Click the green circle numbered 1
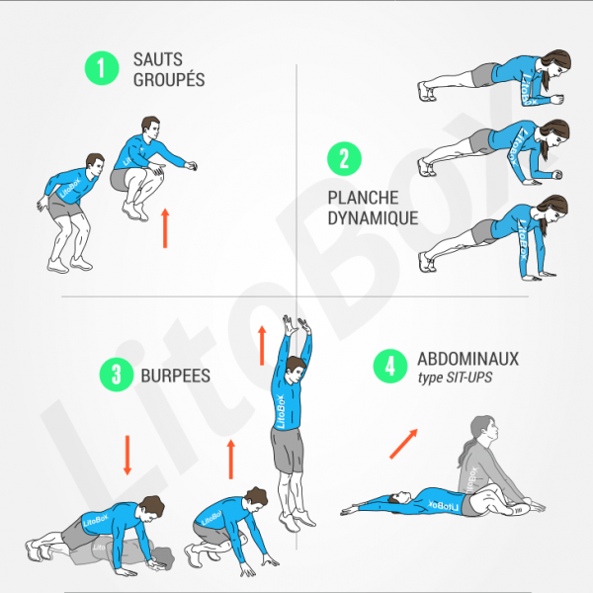100,67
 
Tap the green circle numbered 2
344,159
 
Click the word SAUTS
158,59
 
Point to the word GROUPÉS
169,79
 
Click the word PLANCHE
360,197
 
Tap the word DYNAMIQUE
373,217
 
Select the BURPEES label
169,375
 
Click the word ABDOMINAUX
467,359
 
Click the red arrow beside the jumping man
165,227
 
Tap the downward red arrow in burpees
127,455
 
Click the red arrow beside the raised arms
262,345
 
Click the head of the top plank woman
555,71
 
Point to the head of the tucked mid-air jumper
150,129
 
